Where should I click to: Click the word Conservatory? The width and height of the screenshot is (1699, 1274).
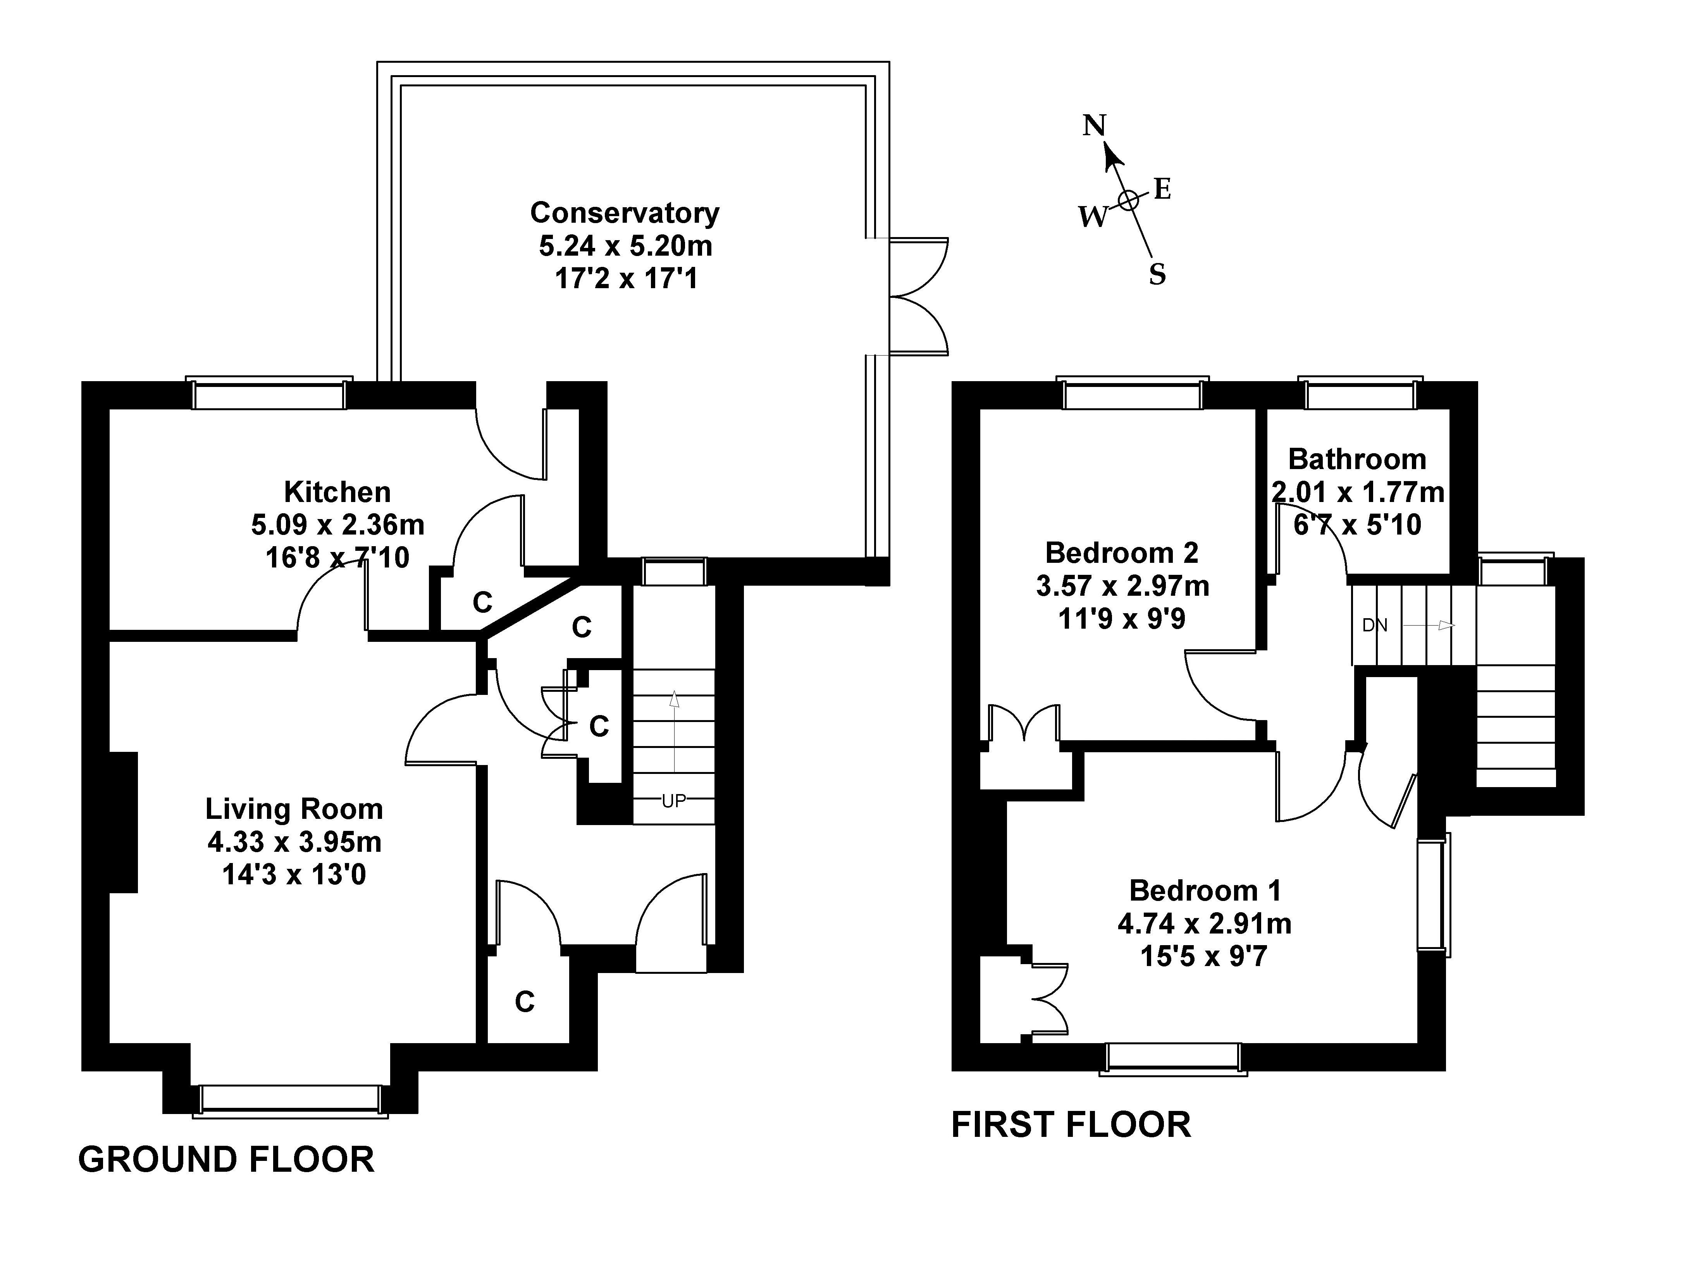pyautogui.click(x=625, y=213)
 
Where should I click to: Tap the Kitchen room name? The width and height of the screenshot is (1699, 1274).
pyautogui.click(x=337, y=492)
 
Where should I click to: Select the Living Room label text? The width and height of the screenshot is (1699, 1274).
pyautogui.click(x=294, y=809)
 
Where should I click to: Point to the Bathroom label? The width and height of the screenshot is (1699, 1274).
pyautogui.click(x=1357, y=459)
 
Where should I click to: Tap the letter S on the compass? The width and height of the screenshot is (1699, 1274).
pyautogui.click(x=1157, y=274)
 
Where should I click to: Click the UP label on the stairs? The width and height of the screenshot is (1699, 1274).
pyautogui.click(x=674, y=801)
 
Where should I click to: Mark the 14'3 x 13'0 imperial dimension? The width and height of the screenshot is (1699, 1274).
pyautogui.click(x=294, y=875)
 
